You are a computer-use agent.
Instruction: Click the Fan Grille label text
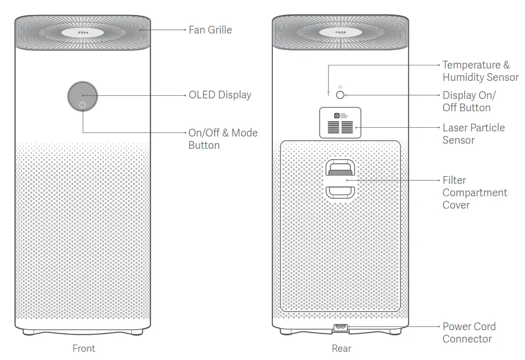[210, 30]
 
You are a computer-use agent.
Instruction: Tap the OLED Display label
[220, 95]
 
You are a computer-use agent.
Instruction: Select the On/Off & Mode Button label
[222, 139]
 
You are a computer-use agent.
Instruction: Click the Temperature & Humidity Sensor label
[480, 71]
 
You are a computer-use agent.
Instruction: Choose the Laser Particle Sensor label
[473, 134]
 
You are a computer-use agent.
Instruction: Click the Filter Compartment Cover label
[474, 193]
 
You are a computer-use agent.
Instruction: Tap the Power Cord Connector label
[468, 333]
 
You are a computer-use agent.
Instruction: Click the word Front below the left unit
[83, 349]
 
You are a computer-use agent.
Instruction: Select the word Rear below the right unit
[341, 349]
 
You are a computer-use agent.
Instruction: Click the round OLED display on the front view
[82, 95]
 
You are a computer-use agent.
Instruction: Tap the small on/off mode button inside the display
[82, 106]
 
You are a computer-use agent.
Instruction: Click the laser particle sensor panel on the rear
[340, 123]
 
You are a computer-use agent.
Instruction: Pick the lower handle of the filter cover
[340, 192]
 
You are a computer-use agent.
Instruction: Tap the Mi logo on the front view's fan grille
[82, 32]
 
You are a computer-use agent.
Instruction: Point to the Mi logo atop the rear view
[340, 32]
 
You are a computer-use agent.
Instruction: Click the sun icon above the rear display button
[340, 87]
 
